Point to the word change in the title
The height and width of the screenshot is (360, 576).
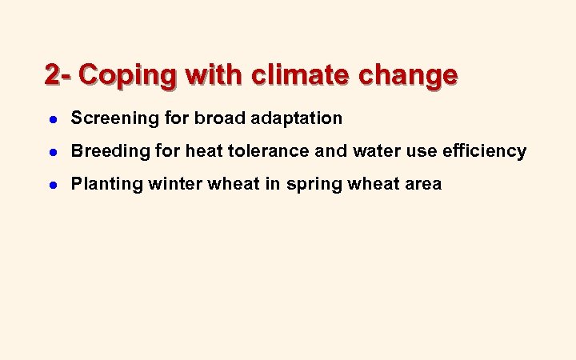[408, 75]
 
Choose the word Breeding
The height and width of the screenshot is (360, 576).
[104, 152]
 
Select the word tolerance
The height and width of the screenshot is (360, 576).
[265, 151]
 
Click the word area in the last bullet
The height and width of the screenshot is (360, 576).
[422, 185]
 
